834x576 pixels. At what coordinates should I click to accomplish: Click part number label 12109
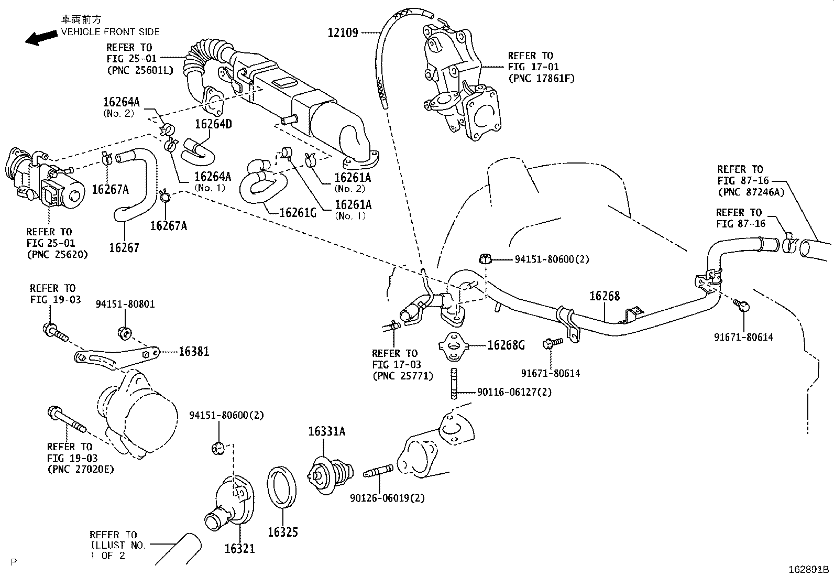tap(343, 32)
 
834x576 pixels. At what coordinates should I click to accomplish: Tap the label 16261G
tap(298, 212)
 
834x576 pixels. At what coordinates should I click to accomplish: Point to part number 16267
tap(124, 247)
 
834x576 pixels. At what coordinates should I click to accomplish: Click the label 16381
tap(194, 352)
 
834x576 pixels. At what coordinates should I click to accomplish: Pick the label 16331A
tap(326, 431)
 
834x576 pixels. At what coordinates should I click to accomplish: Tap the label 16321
tap(239, 548)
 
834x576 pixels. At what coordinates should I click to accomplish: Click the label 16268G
tap(506, 345)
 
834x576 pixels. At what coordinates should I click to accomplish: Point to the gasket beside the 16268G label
tap(454, 346)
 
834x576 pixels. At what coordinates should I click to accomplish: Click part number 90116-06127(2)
tap(514, 392)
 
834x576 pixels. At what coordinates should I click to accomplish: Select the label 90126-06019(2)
tap(387, 497)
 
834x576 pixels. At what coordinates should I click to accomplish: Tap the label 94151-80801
tap(125, 304)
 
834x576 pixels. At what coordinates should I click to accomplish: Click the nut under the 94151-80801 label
tap(125, 332)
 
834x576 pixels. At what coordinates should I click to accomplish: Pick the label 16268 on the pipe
tap(604, 296)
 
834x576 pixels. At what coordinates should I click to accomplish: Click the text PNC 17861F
tap(541, 79)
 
